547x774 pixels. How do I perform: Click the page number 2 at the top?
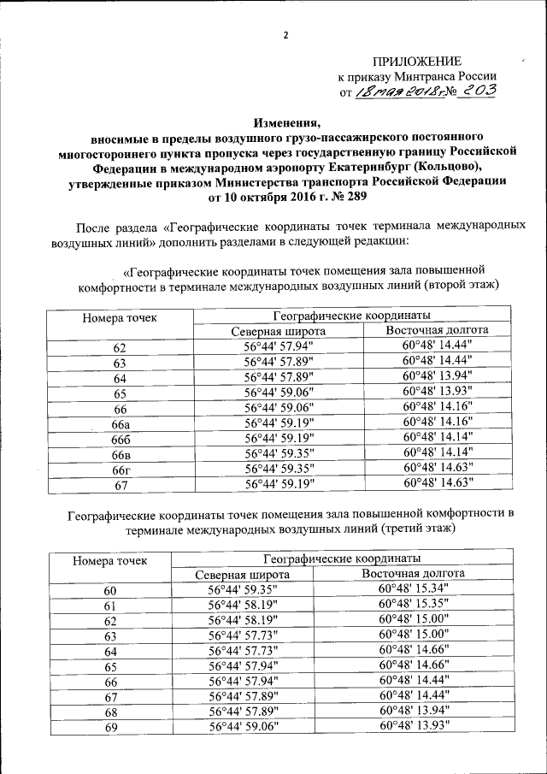286,35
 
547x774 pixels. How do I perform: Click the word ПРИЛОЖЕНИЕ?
416,61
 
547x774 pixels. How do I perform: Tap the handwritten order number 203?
476,92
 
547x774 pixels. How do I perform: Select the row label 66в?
121,453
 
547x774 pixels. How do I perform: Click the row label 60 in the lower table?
109,591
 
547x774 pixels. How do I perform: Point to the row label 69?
109,729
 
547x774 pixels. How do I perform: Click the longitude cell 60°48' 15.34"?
414,589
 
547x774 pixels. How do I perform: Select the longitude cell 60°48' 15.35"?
414,605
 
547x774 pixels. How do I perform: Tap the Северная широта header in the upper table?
279,331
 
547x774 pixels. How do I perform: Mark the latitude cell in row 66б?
279,438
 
